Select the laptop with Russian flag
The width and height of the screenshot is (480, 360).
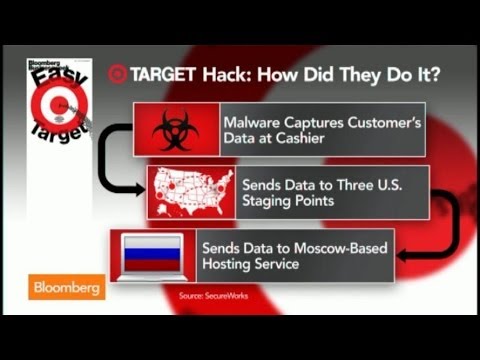click(x=151, y=255)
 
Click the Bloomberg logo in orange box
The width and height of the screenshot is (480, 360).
click(x=68, y=287)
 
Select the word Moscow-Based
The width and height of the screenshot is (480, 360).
click(x=338, y=247)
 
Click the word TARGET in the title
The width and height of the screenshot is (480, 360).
click(x=161, y=75)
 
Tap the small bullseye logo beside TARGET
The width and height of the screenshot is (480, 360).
click(x=117, y=75)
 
